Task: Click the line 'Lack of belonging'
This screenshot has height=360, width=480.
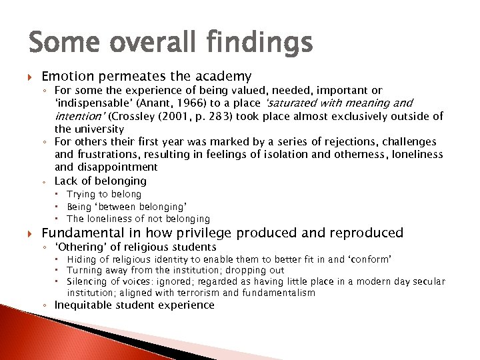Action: [100, 181]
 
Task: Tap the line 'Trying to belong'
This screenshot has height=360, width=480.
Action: [104, 194]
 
